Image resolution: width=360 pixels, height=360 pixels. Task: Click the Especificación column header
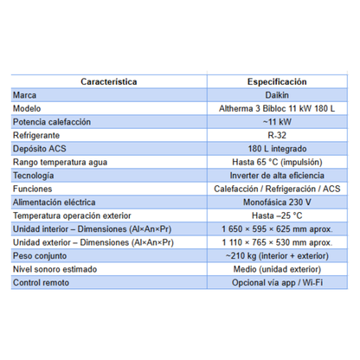pyautogui.click(x=270, y=81)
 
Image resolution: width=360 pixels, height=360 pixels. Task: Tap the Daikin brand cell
pyautogui.click(x=270, y=95)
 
